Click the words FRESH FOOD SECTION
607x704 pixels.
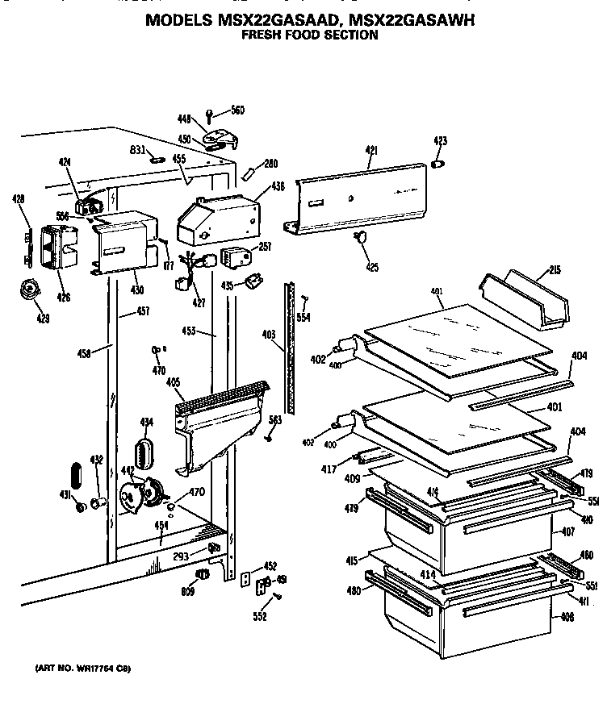point(310,36)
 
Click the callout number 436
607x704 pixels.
point(277,186)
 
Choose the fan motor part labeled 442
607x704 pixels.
point(140,496)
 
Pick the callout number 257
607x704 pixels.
point(265,247)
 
